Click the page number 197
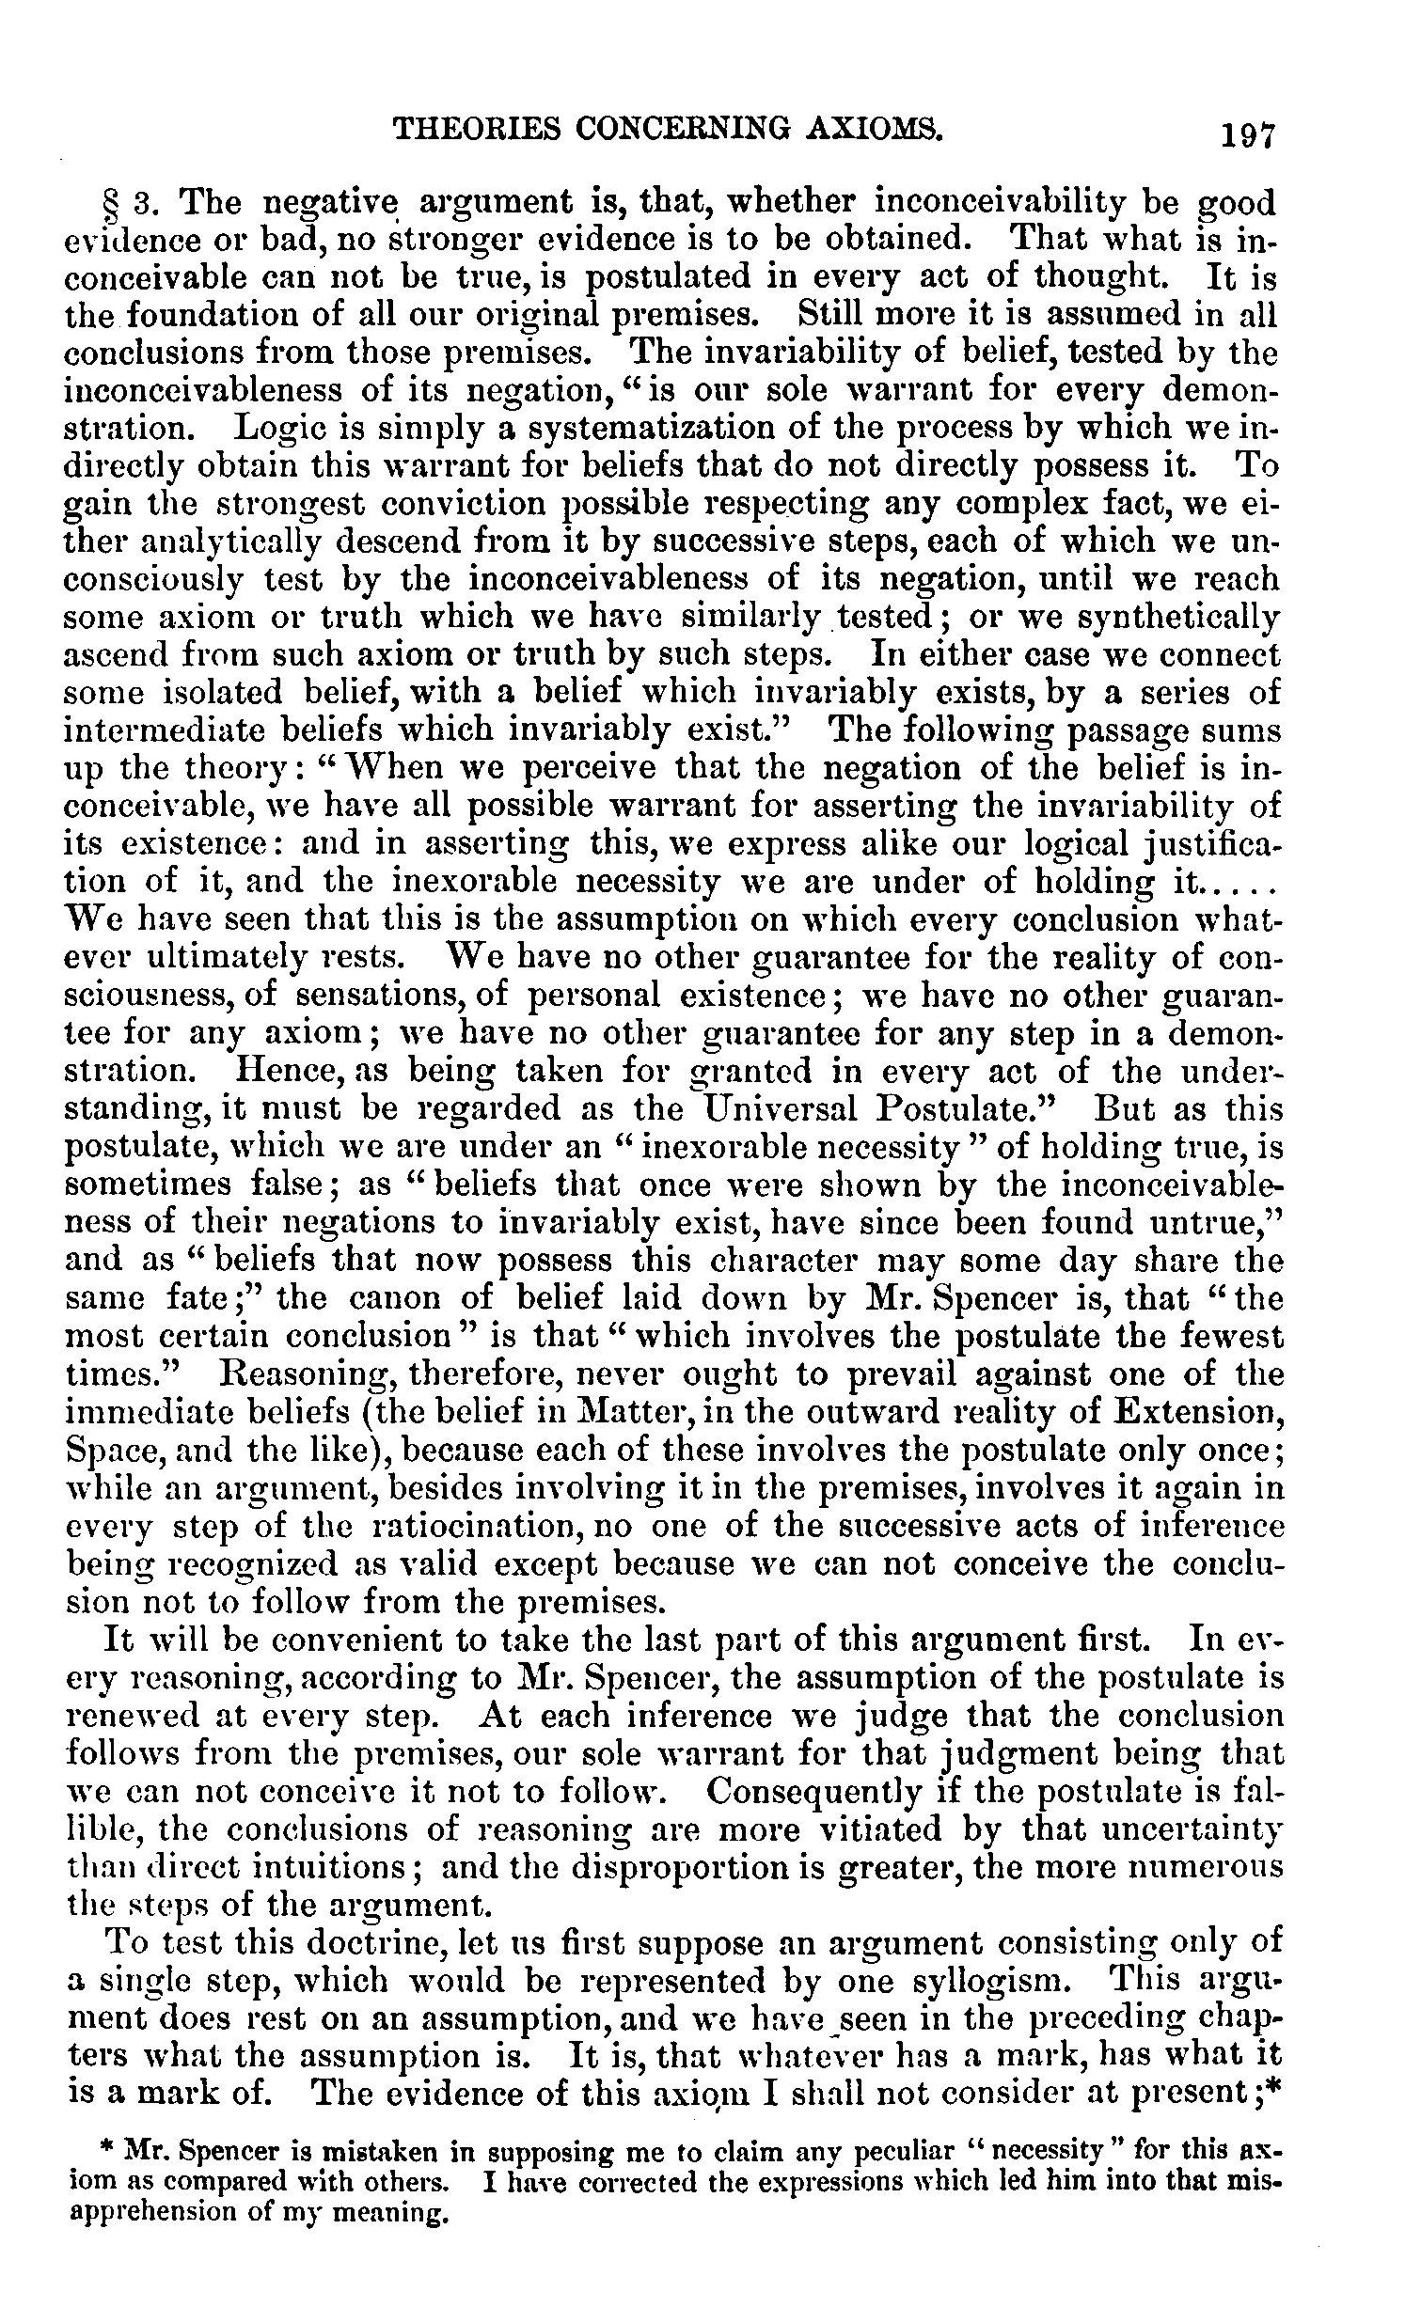[x=1248, y=136]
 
